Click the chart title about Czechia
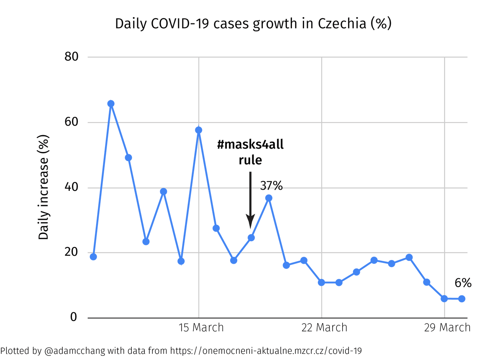coord(253,24)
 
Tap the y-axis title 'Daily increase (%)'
coord(44,187)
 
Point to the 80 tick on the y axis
coord(71,57)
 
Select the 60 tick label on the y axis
coord(71,122)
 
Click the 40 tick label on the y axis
coord(71,188)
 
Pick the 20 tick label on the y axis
coord(71,253)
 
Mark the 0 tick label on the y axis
coord(74,317)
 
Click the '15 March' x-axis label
coord(201,327)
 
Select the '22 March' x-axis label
coord(324,327)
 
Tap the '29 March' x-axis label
coord(447,327)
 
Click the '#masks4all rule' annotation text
coord(251,152)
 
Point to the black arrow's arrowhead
coord(250,222)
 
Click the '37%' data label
coord(271,186)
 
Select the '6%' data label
coord(463,283)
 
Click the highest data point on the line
coord(111,104)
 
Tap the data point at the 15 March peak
coord(199,130)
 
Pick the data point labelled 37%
coord(269,198)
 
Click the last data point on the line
coord(462,299)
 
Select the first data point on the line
coord(93,257)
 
